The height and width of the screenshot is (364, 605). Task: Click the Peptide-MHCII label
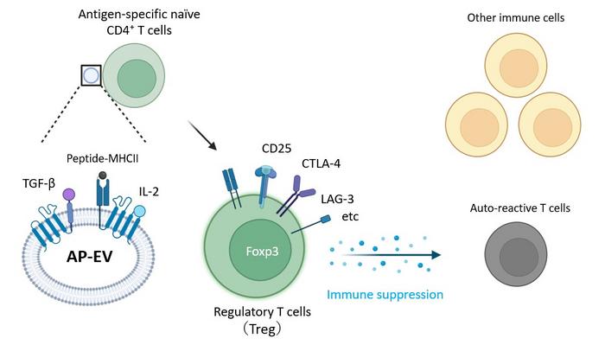pos(104,158)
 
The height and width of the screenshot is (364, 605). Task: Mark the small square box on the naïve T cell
pos(92,76)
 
